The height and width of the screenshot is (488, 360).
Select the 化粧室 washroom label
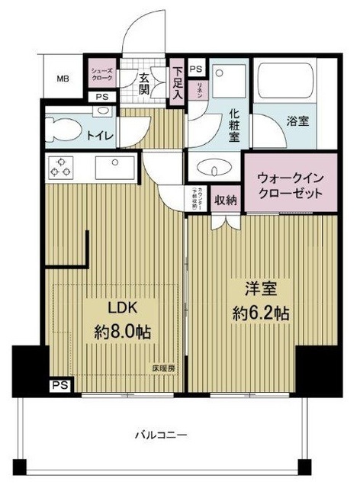[x=232, y=125]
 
